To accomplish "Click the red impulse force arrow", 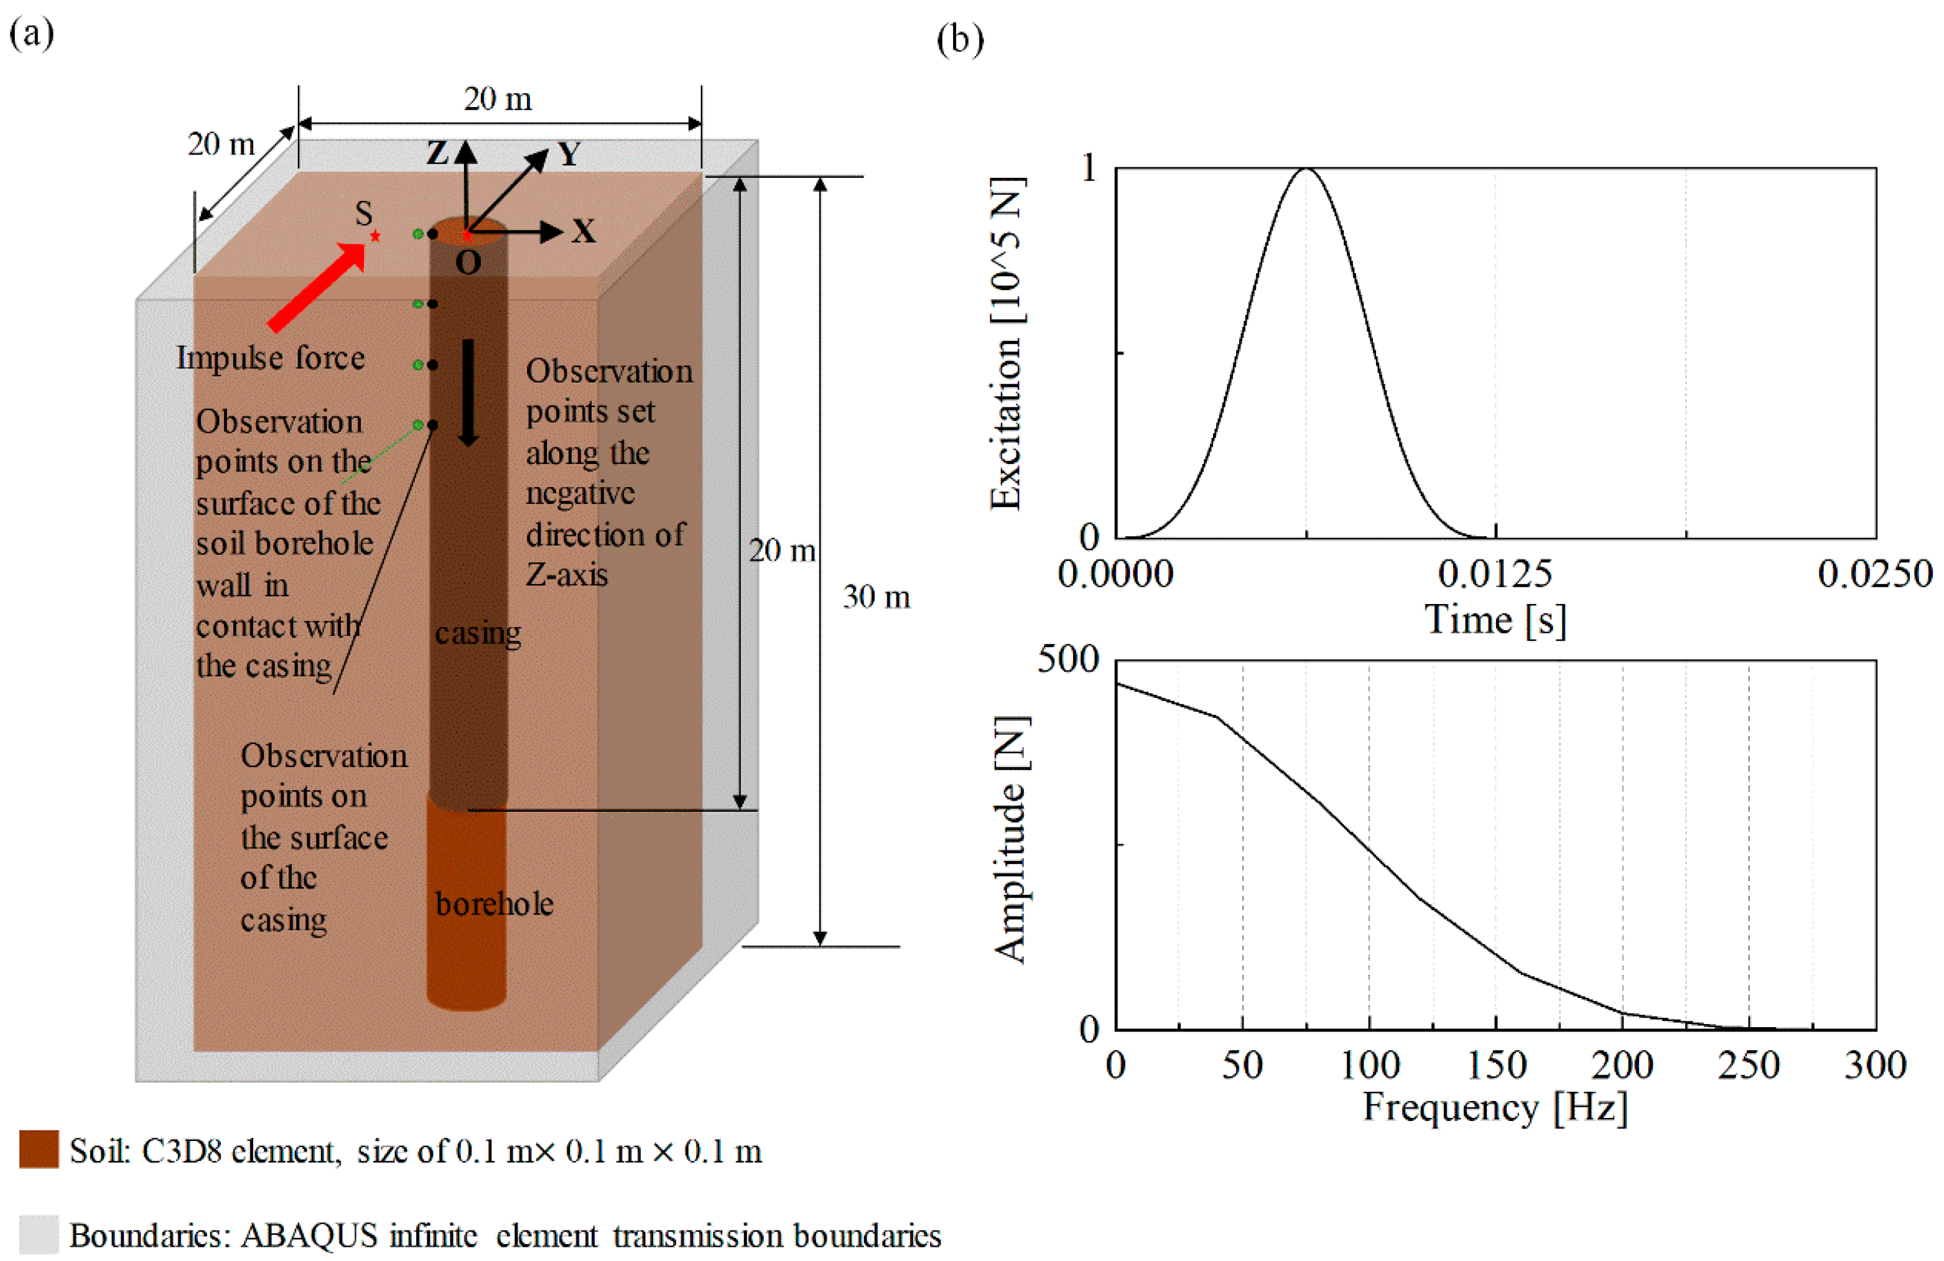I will tap(317, 287).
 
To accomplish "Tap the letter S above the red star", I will tap(363, 214).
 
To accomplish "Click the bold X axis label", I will tap(584, 232).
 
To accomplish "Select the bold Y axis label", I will tap(569, 154).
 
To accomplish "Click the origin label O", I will tap(468, 263).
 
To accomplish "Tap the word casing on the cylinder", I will tap(478, 633).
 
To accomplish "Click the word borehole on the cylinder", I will tap(494, 904).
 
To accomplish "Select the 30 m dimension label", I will tap(877, 597).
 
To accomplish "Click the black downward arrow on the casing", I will tap(468, 392).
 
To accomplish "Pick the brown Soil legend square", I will tap(39, 1149).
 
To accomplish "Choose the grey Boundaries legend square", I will tap(39, 1234).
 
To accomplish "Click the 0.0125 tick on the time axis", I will tap(1495, 574).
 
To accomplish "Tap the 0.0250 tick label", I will tap(1874, 574).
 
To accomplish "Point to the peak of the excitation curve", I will tap(1306, 169).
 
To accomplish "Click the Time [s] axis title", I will tap(1495, 620).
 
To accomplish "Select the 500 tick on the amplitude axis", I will tap(1067, 659).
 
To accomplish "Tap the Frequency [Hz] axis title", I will tap(1495, 1107).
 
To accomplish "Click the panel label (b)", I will tap(960, 39).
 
